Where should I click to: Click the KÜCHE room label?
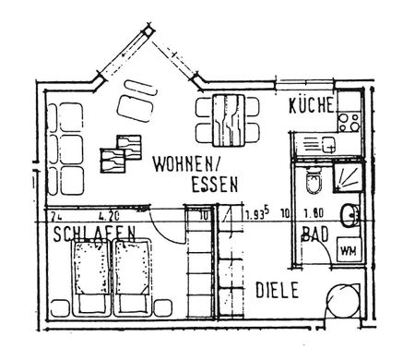310,105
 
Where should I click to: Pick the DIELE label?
276,290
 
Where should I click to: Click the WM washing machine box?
349,250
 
